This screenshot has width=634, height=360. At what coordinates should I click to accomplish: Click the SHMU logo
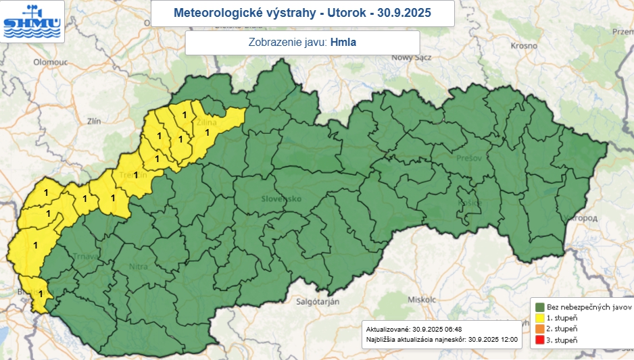tap(32, 21)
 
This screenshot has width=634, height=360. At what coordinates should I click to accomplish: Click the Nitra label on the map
tap(138, 267)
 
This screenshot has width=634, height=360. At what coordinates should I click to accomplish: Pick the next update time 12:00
tap(507, 339)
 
